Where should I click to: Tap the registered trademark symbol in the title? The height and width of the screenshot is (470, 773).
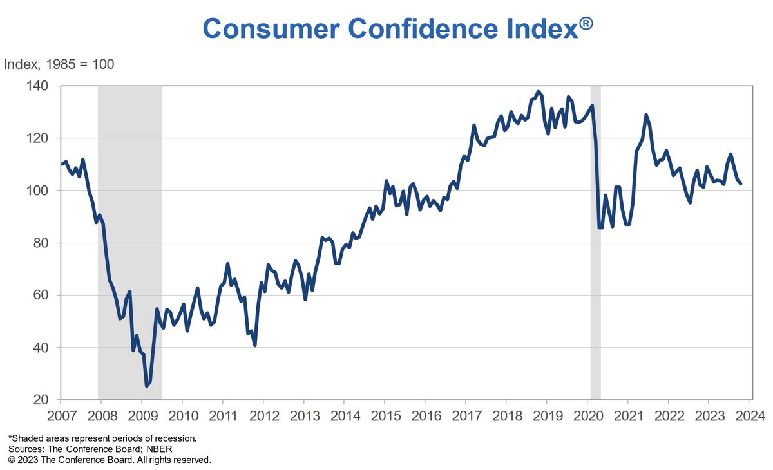tap(586, 24)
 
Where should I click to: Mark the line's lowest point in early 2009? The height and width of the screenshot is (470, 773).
tap(146, 386)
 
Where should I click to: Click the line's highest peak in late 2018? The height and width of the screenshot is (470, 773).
tap(538, 91)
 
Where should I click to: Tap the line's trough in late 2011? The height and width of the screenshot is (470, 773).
tap(255, 345)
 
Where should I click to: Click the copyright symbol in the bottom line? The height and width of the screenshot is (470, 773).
tap(12, 460)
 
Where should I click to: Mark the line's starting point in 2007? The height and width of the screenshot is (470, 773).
tap(62, 164)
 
